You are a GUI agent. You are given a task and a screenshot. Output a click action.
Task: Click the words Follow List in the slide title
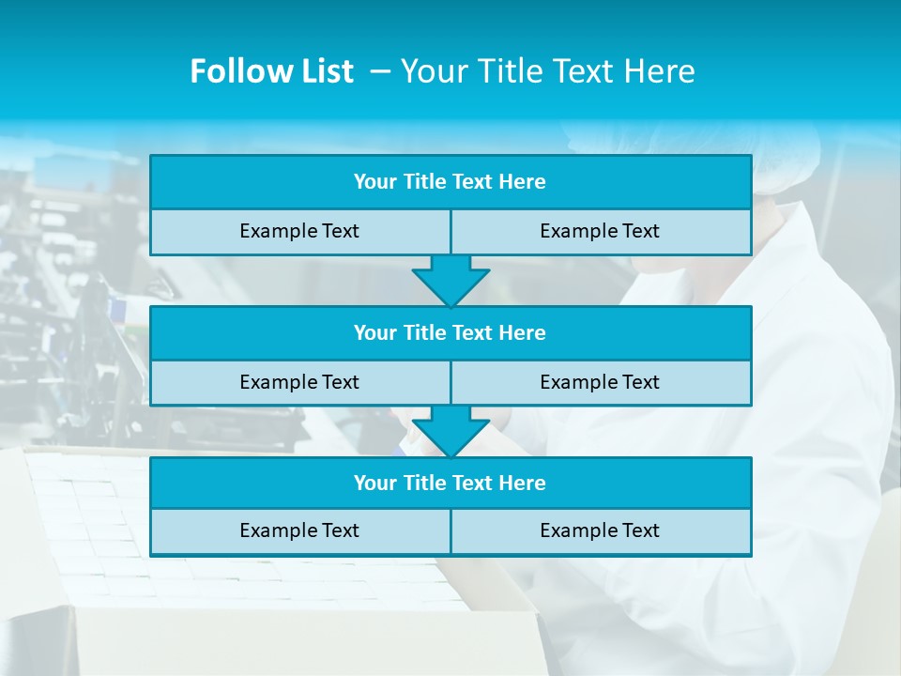pyautogui.click(x=271, y=71)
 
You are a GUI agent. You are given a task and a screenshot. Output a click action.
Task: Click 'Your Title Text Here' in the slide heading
pyautogui.click(x=547, y=71)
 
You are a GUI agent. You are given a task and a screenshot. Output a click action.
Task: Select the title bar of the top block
pyautogui.click(x=450, y=182)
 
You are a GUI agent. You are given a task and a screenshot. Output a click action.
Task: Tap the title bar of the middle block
pyautogui.click(x=450, y=333)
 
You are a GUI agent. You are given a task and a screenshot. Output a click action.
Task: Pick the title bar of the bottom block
pyautogui.click(x=450, y=484)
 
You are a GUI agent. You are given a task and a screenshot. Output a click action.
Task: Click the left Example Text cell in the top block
pyautogui.click(x=299, y=231)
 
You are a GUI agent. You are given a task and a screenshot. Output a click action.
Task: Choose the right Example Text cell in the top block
pyautogui.click(x=600, y=231)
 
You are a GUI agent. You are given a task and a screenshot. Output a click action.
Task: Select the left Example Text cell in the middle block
pyautogui.click(x=299, y=382)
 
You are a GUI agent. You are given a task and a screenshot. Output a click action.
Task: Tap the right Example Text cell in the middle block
pyautogui.click(x=600, y=382)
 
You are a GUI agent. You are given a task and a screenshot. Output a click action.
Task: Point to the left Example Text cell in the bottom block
pyautogui.click(x=299, y=530)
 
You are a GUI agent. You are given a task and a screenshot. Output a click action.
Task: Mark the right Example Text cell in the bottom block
pyautogui.click(x=600, y=530)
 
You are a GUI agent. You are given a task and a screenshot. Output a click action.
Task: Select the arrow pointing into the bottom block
pyautogui.click(x=450, y=431)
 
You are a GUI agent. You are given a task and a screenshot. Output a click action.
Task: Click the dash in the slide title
pyautogui.click(x=380, y=71)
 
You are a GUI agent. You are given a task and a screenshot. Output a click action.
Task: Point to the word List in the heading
pyautogui.click(x=326, y=71)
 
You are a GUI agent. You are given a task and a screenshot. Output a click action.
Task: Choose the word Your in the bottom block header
pyautogui.click(x=375, y=484)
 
